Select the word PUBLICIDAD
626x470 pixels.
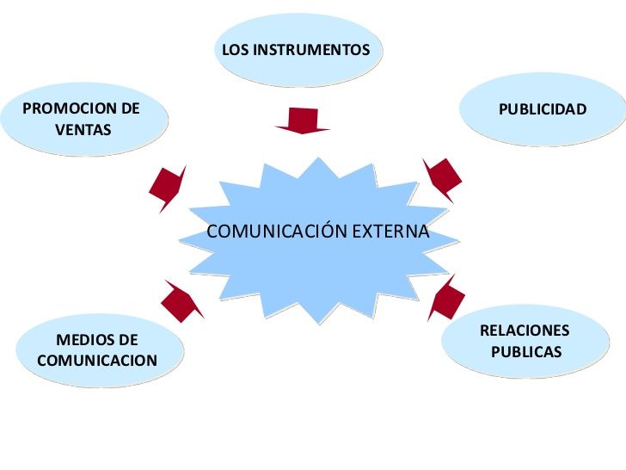(543, 109)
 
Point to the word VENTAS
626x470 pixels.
(83, 130)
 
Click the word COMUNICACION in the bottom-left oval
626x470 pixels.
(97, 360)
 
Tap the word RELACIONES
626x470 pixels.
(525, 331)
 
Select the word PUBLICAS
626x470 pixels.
(526, 352)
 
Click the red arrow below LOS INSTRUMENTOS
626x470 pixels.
(303, 121)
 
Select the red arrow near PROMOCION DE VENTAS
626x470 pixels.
(167, 187)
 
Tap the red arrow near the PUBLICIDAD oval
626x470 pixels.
(441, 179)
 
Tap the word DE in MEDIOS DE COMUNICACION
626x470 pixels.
(126, 340)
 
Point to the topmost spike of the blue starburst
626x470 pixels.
(320, 159)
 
